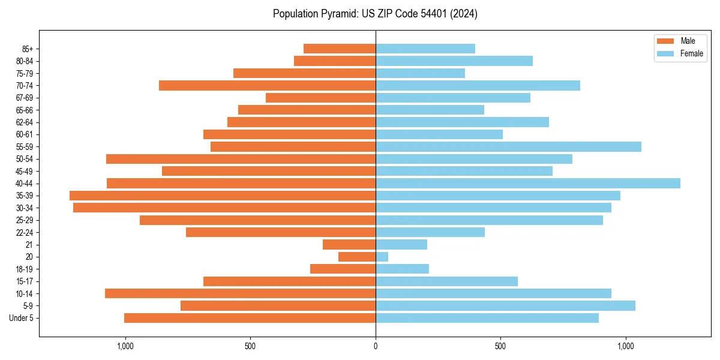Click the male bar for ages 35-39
pyautogui.click(x=223, y=196)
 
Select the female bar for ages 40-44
pyautogui.click(x=528, y=183)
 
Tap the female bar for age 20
pyautogui.click(x=382, y=257)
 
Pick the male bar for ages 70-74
pyautogui.click(x=268, y=85)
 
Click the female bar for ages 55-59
pyautogui.click(x=508, y=146)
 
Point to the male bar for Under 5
pyautogui.click(x=250, y=318)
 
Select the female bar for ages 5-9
pyautogui.click(x=505, y=305)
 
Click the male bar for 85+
pyautogui.click(x=340, y=49)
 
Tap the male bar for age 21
pyautogui.click(x=349, y=244)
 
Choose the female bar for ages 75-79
pyautogui.click(x=420, y=73)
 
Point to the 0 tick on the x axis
pyautogui.click(x=376, y=346)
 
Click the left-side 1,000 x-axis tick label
pyautogui.click(x=125, y=346)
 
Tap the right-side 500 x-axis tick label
pyautogui.click(x=500, y=346)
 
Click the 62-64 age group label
pyautogui.click(x=24, y=122)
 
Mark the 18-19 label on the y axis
pyautogui.click(x=24, y=269)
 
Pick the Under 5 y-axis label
pyautogui.click(x=22, y=318)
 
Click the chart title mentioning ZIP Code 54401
pyautogui.click(x=375, y=14)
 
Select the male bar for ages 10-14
pyautogui.click(x=240, y=293)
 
